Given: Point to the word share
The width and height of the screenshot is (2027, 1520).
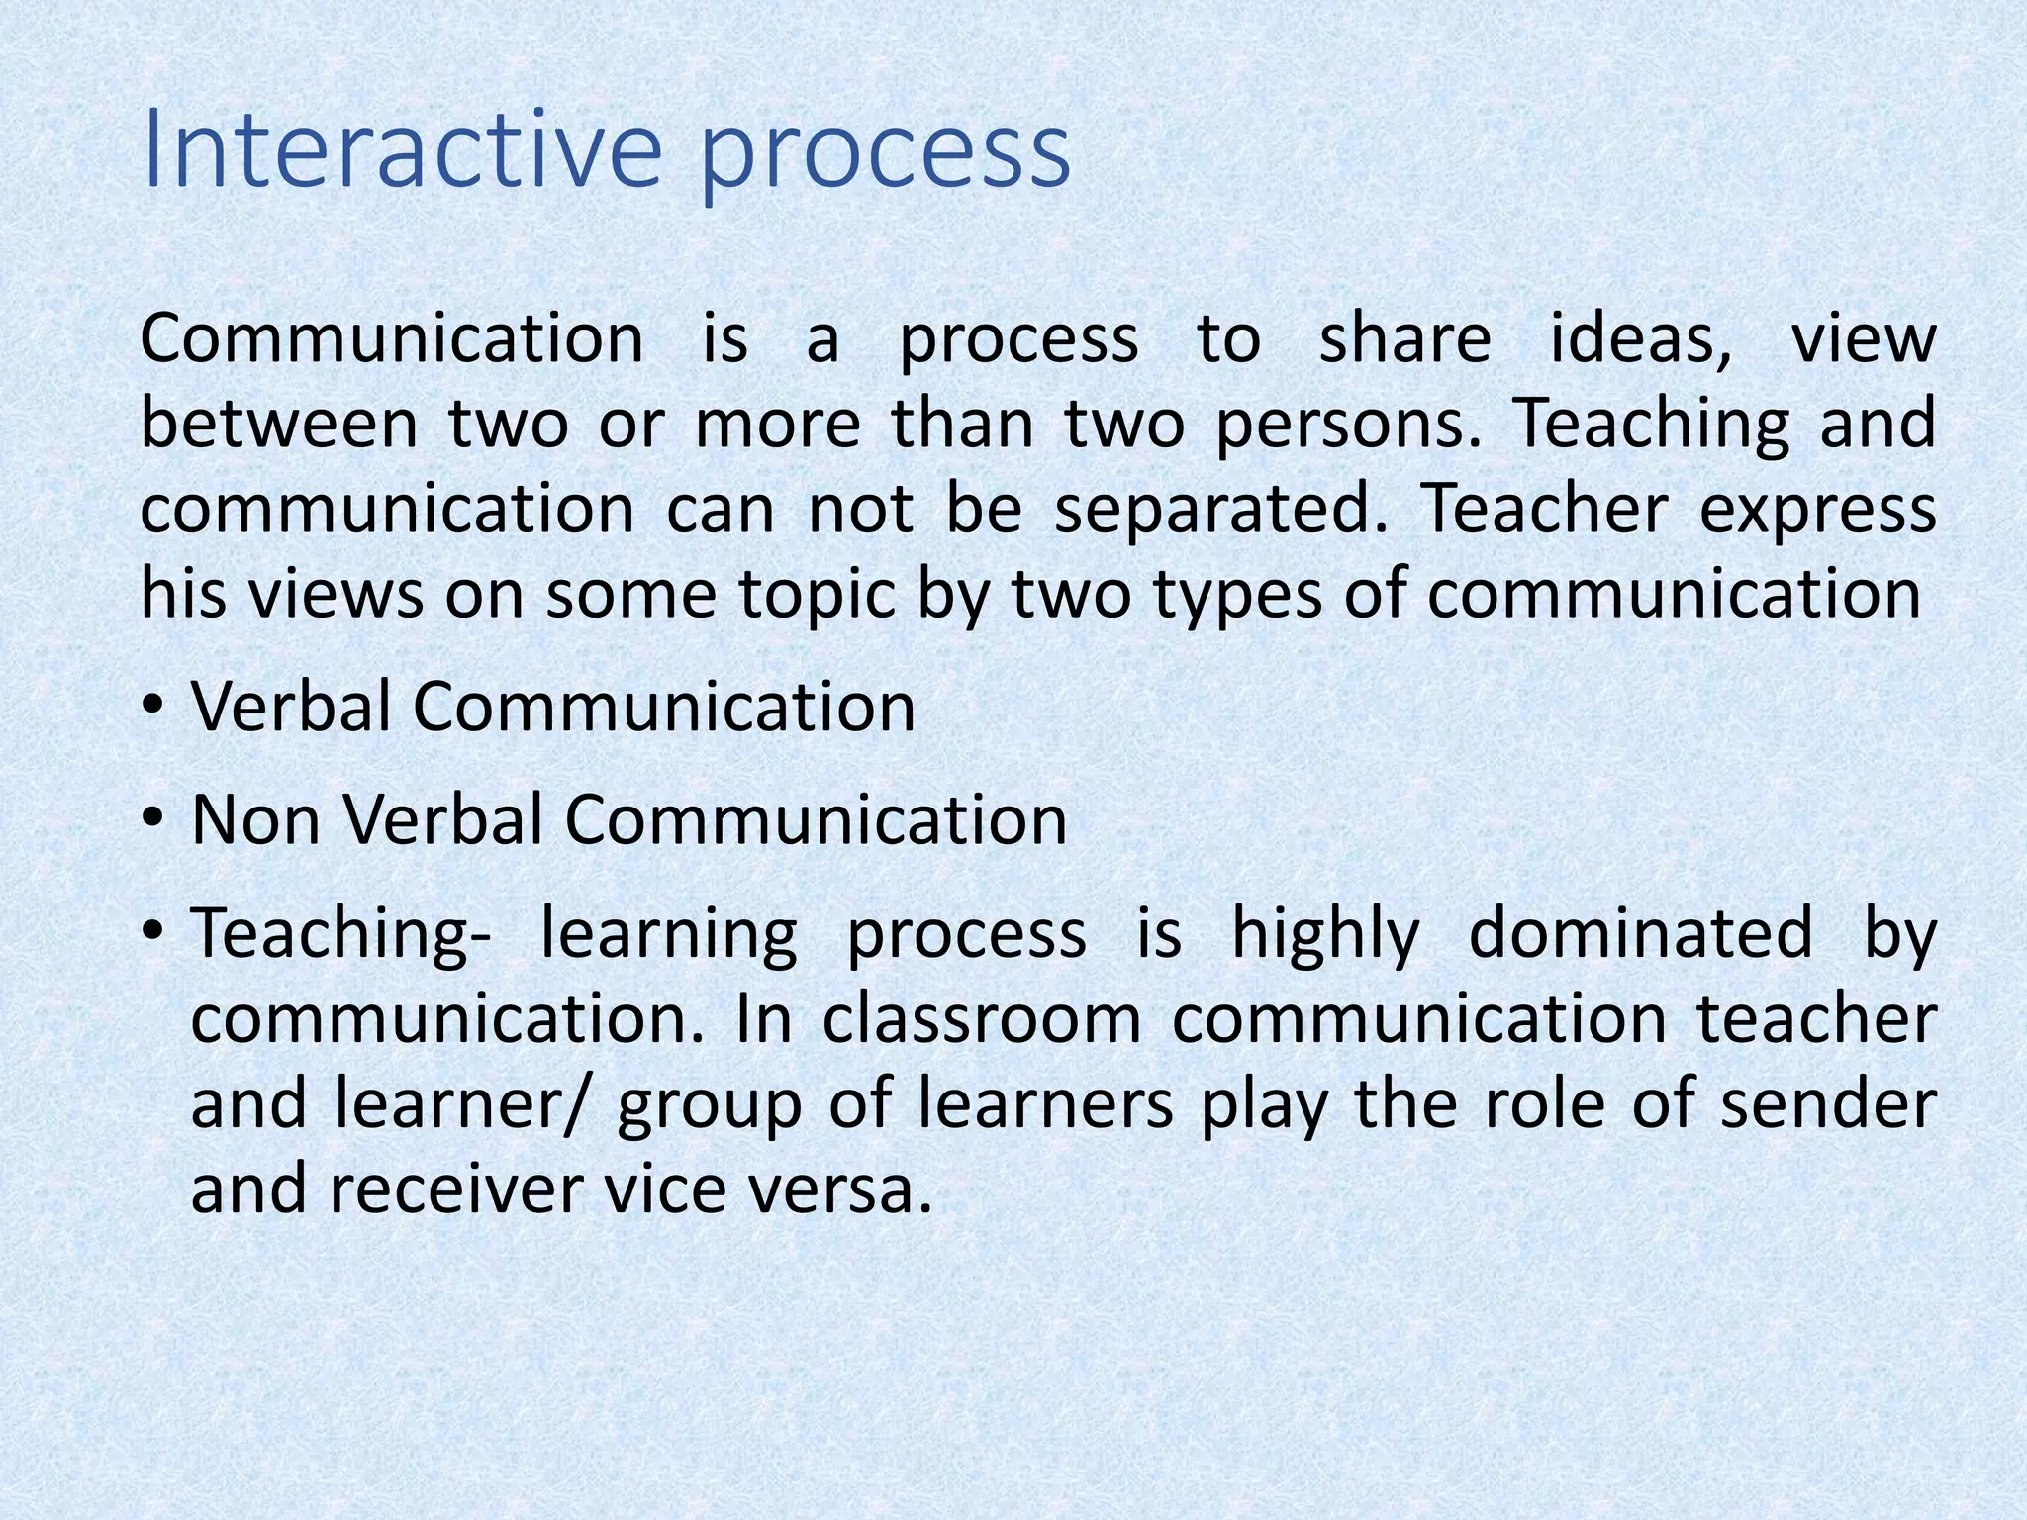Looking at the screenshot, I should point(1404,339).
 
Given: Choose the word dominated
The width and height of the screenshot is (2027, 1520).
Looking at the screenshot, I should point(1640,933).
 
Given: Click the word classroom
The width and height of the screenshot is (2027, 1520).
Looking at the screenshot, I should point(982,1020).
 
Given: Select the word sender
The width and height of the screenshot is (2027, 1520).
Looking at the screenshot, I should point(1828,1105).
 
